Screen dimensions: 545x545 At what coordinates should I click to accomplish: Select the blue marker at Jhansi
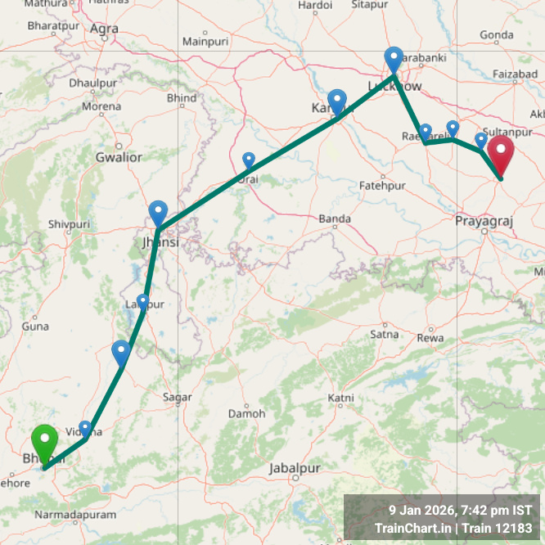[x=159, y=213]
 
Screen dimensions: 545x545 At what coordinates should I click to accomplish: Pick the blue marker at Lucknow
[x=394, y=60]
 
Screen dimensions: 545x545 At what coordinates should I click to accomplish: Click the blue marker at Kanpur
[x=337, y=102]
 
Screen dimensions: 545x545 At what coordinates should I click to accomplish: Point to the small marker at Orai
[x=249, y=160]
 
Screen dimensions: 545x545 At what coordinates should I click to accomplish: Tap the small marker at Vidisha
[x=85, y=428]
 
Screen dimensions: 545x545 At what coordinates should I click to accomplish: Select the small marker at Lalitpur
[x=143, y=301]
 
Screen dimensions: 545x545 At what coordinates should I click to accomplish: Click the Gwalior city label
[x=119, y=157]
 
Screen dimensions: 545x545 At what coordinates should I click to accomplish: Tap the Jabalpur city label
[x=294, y=468]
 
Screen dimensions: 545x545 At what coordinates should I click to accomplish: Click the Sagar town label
[x=178, y=397]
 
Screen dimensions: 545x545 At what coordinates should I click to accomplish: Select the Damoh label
[x=246, y=413]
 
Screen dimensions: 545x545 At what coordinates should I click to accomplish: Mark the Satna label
[x=384, y=334]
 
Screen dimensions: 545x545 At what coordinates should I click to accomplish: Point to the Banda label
[x=335, y=218]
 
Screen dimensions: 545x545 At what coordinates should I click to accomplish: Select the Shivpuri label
[x=68, y=223]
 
